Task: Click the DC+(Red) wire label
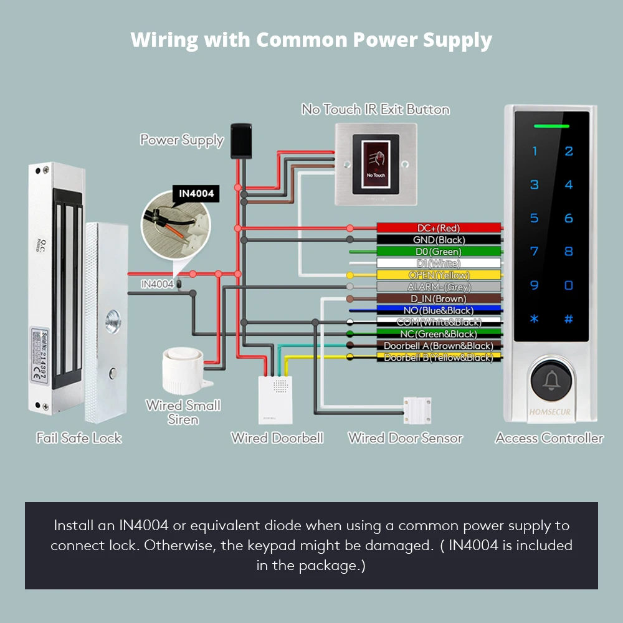[439, 228]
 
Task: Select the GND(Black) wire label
[439, 240]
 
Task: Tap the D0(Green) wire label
[439, 252]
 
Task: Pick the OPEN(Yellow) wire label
[439, 275]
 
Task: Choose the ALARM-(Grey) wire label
[439, 287]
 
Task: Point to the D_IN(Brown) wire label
[439, 299]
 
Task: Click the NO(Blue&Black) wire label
[439, 310]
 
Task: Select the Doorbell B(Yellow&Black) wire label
[439, 358]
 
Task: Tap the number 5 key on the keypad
[534, 218]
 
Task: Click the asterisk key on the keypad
[534, 319]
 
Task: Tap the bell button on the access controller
[551, 381]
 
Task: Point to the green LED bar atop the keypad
[551, 126]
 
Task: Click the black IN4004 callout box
[196, 194]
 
